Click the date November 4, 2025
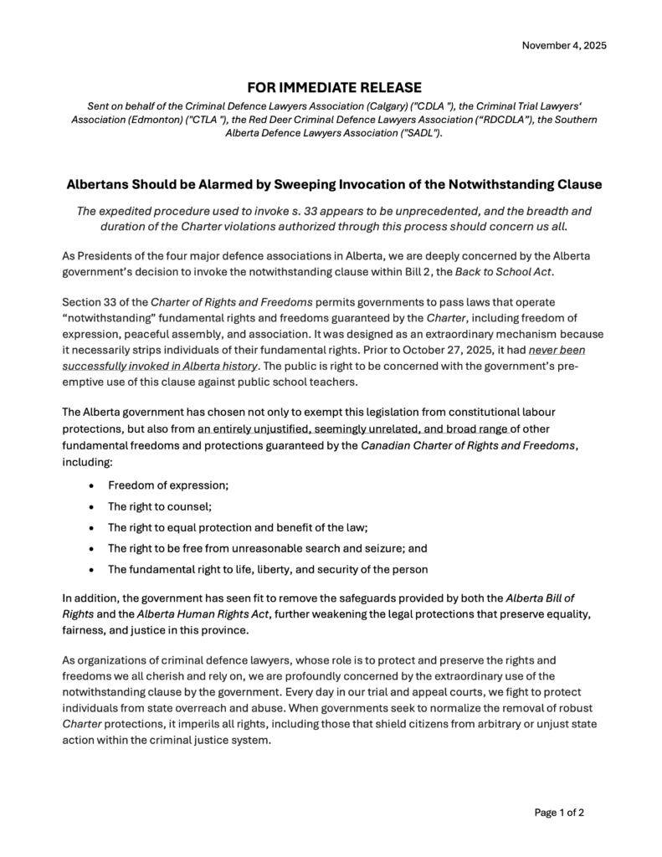(564, 44)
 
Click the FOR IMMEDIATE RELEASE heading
(334, 88)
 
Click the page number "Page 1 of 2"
(559, 812)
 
